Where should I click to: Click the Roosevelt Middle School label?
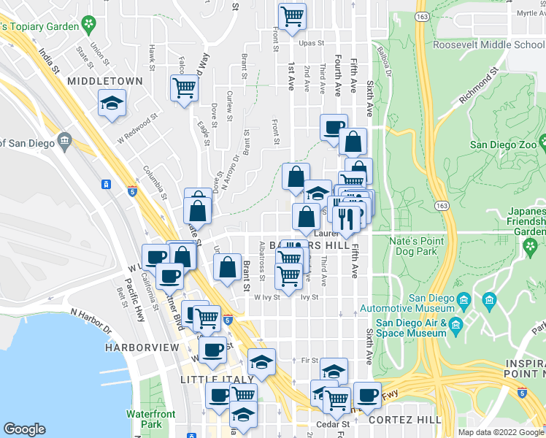point(489,45)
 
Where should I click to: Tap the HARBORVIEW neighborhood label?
point(141,348)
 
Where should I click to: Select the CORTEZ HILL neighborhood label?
point(404,420)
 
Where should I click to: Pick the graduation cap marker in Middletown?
point(112,104)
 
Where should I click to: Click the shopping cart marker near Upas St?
point(292,16)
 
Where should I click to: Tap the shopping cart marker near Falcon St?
point(184,89)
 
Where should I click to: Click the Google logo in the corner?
point(24,429)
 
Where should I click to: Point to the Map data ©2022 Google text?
point(501,432)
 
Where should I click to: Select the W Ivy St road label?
point(266,297)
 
